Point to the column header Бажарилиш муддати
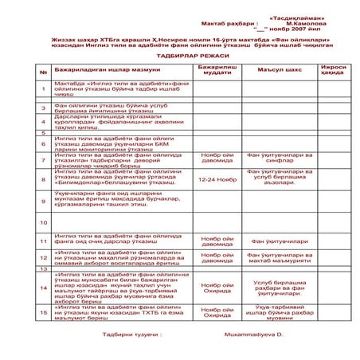point(217,72)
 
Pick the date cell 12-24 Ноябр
point(217,179)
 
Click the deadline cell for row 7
point(217,158)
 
